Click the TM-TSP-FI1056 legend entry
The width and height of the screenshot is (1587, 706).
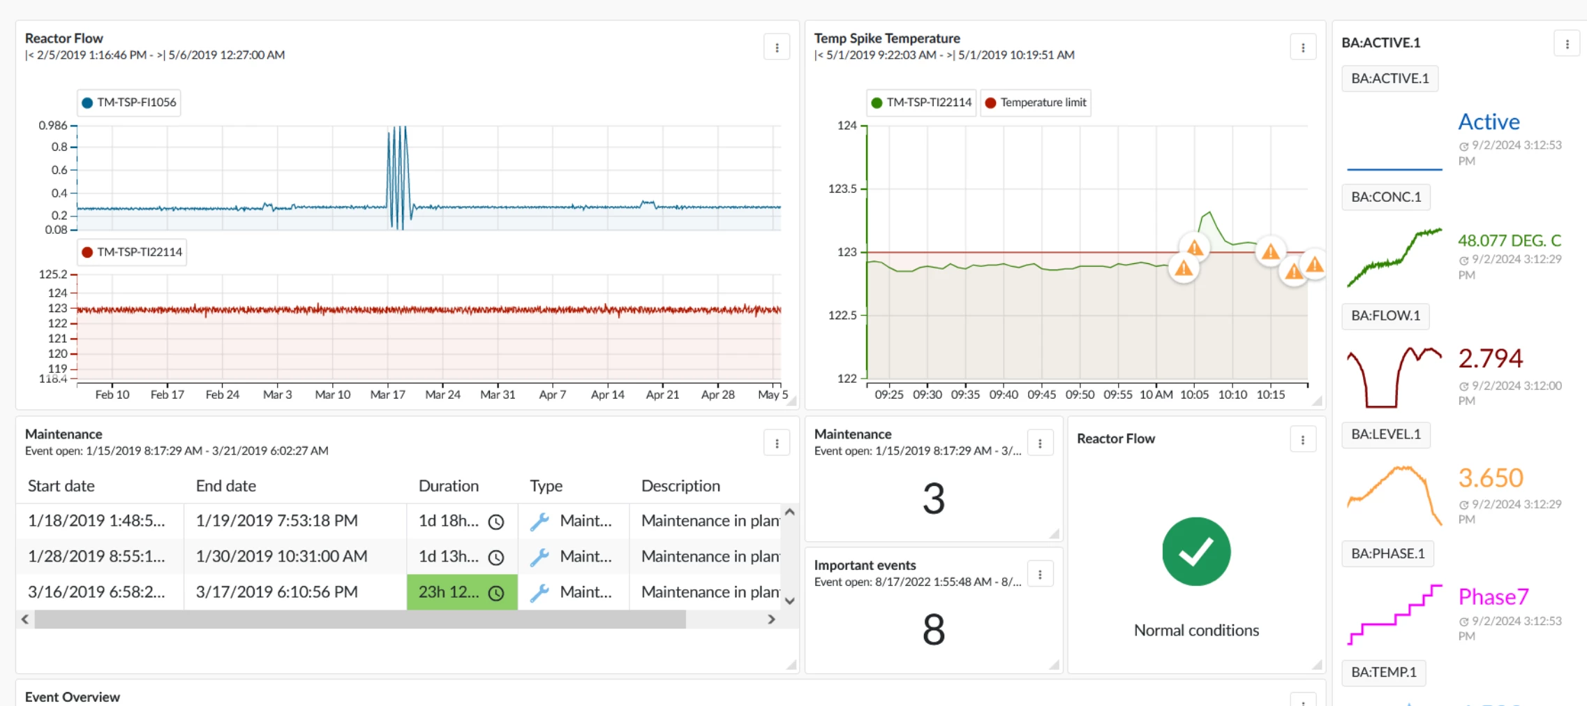point(129,103)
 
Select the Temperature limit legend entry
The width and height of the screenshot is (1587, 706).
point(1036,103)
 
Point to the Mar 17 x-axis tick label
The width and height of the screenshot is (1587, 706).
point(387,395)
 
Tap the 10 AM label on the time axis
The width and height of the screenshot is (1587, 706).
point(1156,395)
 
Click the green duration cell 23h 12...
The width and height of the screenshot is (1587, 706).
point(461,592)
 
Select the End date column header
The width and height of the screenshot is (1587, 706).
point(225,486)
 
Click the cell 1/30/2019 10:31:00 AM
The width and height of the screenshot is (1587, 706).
point(281,557)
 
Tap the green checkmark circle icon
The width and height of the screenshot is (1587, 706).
point(1196,552)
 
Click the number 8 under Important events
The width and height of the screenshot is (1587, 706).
point(933,629)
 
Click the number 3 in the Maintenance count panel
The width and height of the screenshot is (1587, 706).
point(933,499)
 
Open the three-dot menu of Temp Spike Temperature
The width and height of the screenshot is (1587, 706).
point(1302,47)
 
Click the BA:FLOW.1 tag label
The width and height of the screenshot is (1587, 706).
point(1385,316)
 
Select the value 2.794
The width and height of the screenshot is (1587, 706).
point(1490,358)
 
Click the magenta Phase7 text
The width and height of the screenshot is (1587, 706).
point(1493,597)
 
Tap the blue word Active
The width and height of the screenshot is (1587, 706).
point(1489,122)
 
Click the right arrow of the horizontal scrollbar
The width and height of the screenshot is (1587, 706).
point(771,619)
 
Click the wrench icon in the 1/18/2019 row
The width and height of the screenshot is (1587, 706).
point(539,522)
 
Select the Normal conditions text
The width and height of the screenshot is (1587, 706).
point(1196,631)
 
